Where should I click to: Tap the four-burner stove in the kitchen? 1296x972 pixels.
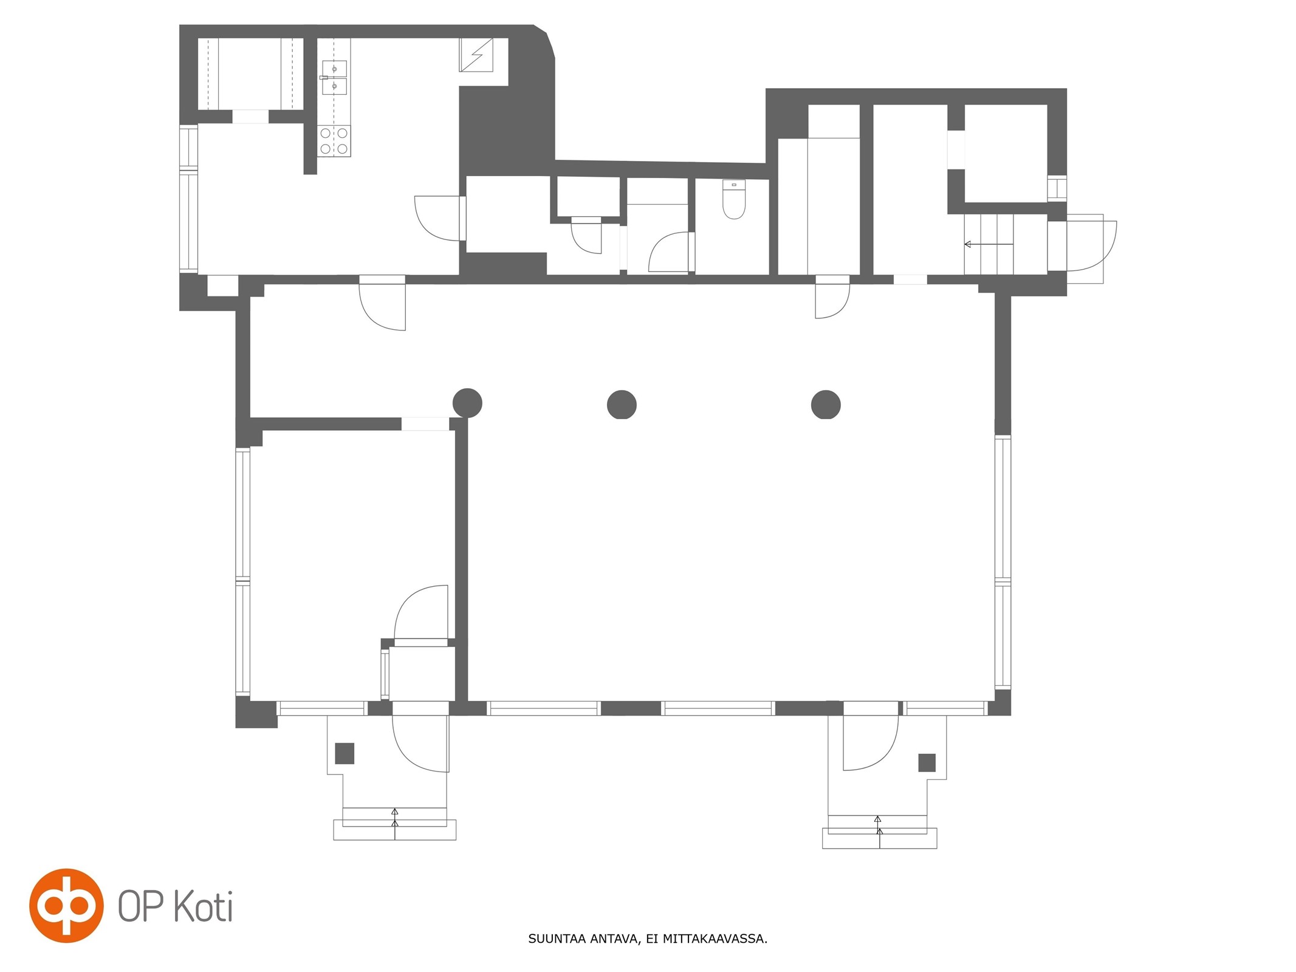334,140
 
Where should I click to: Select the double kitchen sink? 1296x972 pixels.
334,78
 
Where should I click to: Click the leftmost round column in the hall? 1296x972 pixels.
467,402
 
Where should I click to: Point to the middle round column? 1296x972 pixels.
622,404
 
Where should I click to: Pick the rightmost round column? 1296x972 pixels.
826,404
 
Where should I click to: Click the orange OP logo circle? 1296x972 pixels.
66,905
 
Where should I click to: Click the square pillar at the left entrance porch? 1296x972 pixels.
345,753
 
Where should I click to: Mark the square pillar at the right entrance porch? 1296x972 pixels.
927,762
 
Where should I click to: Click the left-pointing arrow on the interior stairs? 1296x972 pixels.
989,244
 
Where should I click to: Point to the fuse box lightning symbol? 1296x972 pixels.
476,55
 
